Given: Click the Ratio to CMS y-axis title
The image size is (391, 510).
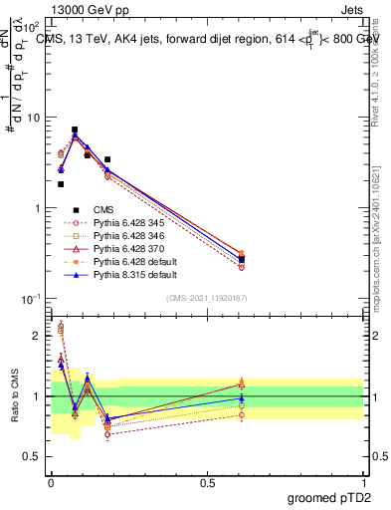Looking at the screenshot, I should click(13, 394).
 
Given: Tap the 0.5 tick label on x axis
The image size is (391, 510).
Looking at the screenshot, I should click(207, 481).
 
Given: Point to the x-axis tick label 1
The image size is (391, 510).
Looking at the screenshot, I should click(363, 481).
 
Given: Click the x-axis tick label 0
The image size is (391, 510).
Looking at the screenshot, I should click(51, 481).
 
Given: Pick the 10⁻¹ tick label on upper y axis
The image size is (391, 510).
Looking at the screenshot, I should click(33, 298).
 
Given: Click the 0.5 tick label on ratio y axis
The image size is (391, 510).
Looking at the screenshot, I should click(35, 457).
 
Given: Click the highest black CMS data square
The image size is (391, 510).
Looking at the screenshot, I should click(75, 129).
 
